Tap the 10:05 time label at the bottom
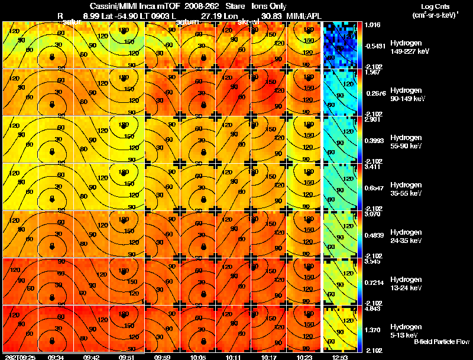pos(197,357)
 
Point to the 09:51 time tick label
pos(126,357)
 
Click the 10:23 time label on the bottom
pos(303,357)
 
